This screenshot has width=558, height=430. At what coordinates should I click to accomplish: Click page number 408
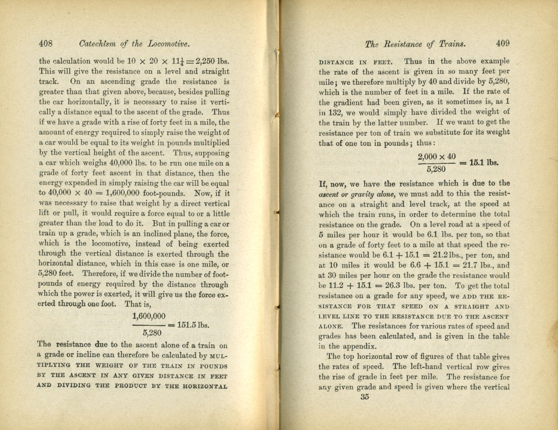click(x=45, y=43)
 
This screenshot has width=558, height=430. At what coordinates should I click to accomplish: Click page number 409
click(x=503, y=43)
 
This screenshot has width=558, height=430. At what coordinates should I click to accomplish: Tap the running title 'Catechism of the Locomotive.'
click(x=134, y=43)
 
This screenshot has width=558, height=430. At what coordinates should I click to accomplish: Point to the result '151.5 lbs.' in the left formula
click(x=193, y=325)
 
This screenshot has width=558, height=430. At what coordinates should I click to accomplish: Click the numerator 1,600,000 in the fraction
click(x=149, y=316)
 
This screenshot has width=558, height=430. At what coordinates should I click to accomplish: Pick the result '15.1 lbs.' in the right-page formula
click(x=484, y=162)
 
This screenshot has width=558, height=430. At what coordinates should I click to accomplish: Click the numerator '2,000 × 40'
click(x=436, y=157)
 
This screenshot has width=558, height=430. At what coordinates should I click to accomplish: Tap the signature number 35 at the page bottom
click(x=365, y=397)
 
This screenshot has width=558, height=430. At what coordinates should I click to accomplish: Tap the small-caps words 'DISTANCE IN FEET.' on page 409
click(x=355, y=62)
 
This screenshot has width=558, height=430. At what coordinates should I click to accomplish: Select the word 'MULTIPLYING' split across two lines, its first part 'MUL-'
click(x=219, y=356)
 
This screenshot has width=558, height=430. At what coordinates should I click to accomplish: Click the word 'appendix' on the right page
click(x=361, y=346)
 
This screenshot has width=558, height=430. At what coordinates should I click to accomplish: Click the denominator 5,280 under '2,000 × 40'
click(x=436, y=169)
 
